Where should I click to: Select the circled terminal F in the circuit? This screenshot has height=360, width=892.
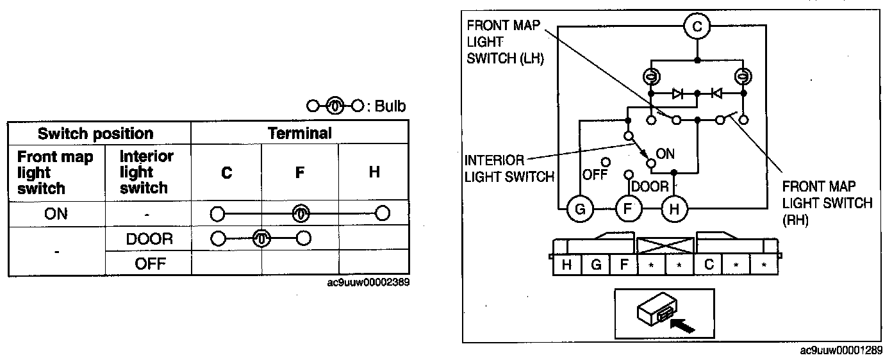tap(628, 208)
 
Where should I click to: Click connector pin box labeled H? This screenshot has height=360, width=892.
tap(567, 264)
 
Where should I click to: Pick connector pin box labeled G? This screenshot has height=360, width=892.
tap(596, 264)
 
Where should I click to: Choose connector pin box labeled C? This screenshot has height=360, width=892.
tap(708, 264)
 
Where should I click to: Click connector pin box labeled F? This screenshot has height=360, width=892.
tap(624, 264)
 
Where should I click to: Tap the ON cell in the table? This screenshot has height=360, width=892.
tap(56, 213)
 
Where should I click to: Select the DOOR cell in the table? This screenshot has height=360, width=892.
tap(149, 239)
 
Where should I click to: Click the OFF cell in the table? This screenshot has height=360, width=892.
tap(149, 263)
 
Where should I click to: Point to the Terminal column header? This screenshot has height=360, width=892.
tap(299, 133)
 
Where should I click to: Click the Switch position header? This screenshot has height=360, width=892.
tap(95, 134)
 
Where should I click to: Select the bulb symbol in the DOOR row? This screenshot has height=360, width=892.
tap(260, 239)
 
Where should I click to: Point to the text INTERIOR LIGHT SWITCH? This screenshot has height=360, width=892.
tap(509, 168)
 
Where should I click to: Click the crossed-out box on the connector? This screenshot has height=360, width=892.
tap(666, 245)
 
